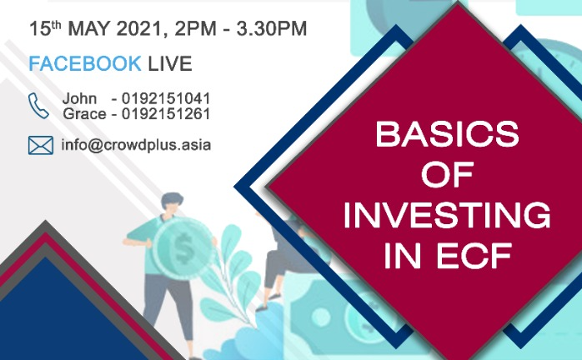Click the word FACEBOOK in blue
(x=85, y=63)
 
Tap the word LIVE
(x=170, y=63)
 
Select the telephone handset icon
(x=38, y=106)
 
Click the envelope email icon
(x=41, y=145)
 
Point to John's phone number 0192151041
(x=166, y=98)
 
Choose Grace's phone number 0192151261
(x=166, y=114)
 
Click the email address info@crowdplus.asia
(x=136, y=145)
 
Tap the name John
(x=79, y=98)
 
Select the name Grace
(x=84, y=114)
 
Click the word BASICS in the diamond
(x=447, y=134)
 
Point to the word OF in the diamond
(x=447, y=175)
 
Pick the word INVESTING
(x=447, y=215)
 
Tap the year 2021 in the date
(x=140, y=28)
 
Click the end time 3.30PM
(x=272, y=28)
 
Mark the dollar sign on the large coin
(x=183, y=247)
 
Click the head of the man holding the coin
(x=172, y=203)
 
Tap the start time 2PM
(x=196, y=28)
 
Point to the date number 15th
(x=45, y=28)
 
